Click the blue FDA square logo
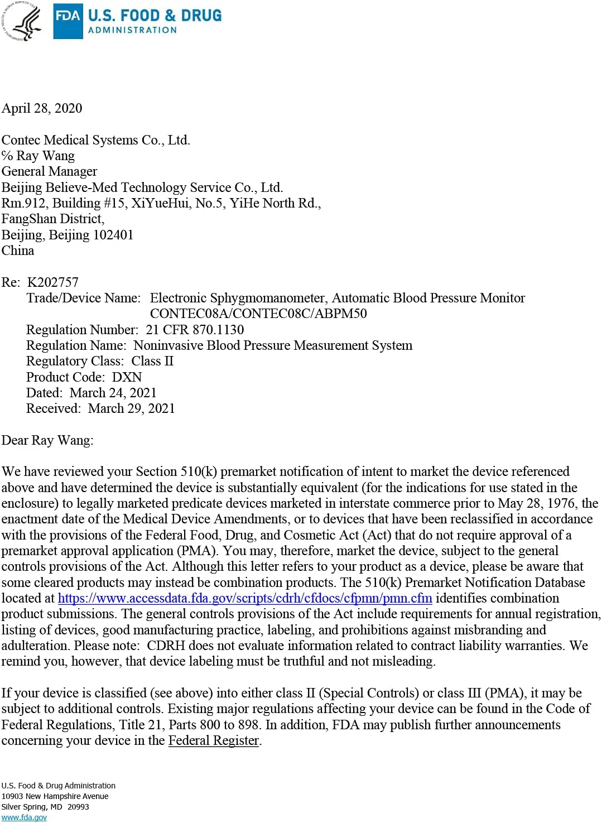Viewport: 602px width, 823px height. coord(68,21)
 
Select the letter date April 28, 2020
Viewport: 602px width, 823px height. coord(42,108)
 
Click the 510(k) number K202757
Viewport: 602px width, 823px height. coord(53,282)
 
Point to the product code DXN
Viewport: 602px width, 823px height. coord(127,377)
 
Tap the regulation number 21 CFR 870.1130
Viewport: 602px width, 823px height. coord(195,330)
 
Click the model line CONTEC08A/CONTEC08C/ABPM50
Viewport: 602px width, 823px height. coord(258,314)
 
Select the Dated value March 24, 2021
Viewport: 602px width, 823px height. coord(113,393)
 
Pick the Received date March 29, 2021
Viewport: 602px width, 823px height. coord(131,408)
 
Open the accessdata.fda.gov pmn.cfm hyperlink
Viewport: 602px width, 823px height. coord(245,598)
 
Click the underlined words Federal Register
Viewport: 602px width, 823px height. coord(214,740)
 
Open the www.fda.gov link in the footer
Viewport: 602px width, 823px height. coord(24,817)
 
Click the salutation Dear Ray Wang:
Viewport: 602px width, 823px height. coord(47,440)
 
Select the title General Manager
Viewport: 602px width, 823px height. coord(49,171)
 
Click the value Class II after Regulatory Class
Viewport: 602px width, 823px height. coord(152,361)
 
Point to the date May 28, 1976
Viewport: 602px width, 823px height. coord(537,503)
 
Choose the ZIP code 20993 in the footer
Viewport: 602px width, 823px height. coord(78,807)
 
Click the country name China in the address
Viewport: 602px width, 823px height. coord(18,251)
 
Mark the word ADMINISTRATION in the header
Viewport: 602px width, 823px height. coord(132,30)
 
